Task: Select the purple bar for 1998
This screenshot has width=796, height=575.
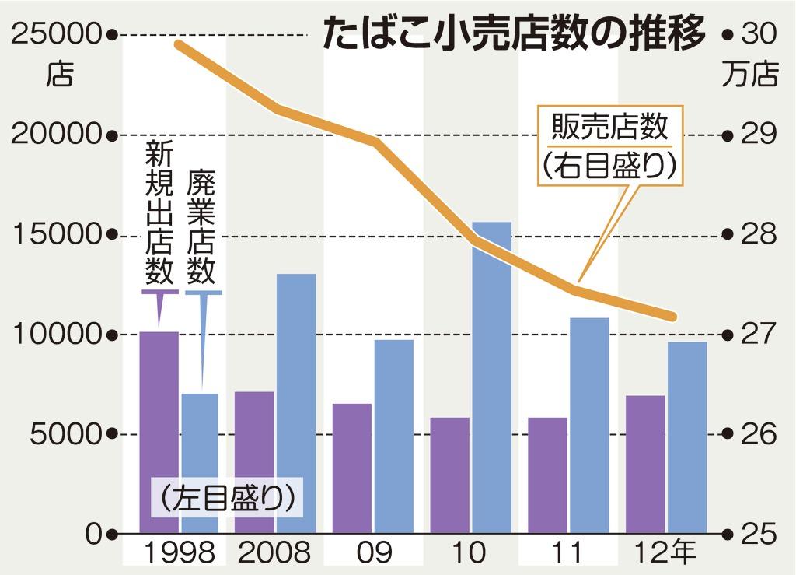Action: click(x=159, y=432)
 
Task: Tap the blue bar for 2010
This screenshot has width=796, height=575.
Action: click(x=491, y=377)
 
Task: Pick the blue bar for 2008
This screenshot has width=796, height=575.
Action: click(x=296, y=403)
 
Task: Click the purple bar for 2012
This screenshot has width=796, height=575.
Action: click(x=645, y=465)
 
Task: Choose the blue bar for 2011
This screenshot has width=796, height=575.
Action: click(x=589, y=425)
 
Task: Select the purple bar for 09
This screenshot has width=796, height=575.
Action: click(x=352, y=468)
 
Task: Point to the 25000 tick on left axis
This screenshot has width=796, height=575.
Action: click(x=59, y=34)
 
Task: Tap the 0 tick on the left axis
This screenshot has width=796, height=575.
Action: click(x=94, y=534)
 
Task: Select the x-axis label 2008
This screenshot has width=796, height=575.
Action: click(x=274, y=553)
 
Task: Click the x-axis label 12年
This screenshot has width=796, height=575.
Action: click(x=665, y=553)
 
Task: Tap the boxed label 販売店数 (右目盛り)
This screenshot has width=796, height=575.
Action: click(x=609, y=146)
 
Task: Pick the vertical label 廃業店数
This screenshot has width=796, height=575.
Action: click(x=201, y=226)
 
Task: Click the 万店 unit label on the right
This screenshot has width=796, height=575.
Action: click(x=750, y=75)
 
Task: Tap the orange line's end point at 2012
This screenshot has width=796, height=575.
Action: click(x=674, y=317)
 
